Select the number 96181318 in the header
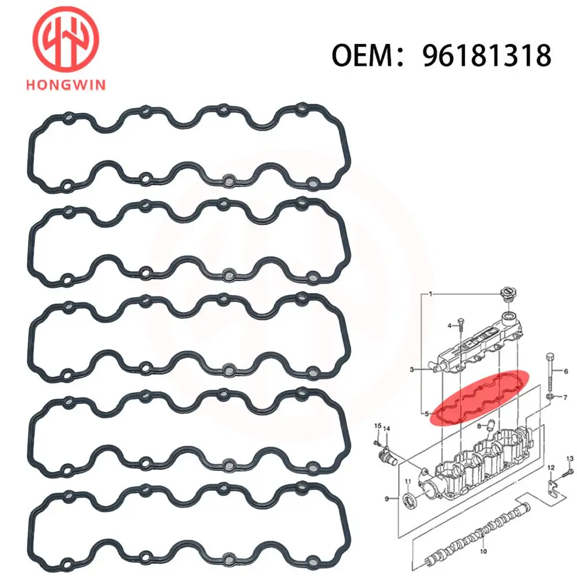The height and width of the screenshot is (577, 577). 486,56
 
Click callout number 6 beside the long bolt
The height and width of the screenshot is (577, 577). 565,372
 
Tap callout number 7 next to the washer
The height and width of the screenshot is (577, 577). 565,397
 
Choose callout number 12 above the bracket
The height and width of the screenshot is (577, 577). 550,467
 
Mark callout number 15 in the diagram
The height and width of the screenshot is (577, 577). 377,426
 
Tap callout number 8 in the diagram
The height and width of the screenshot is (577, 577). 479,427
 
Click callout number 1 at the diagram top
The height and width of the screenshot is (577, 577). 430,294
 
